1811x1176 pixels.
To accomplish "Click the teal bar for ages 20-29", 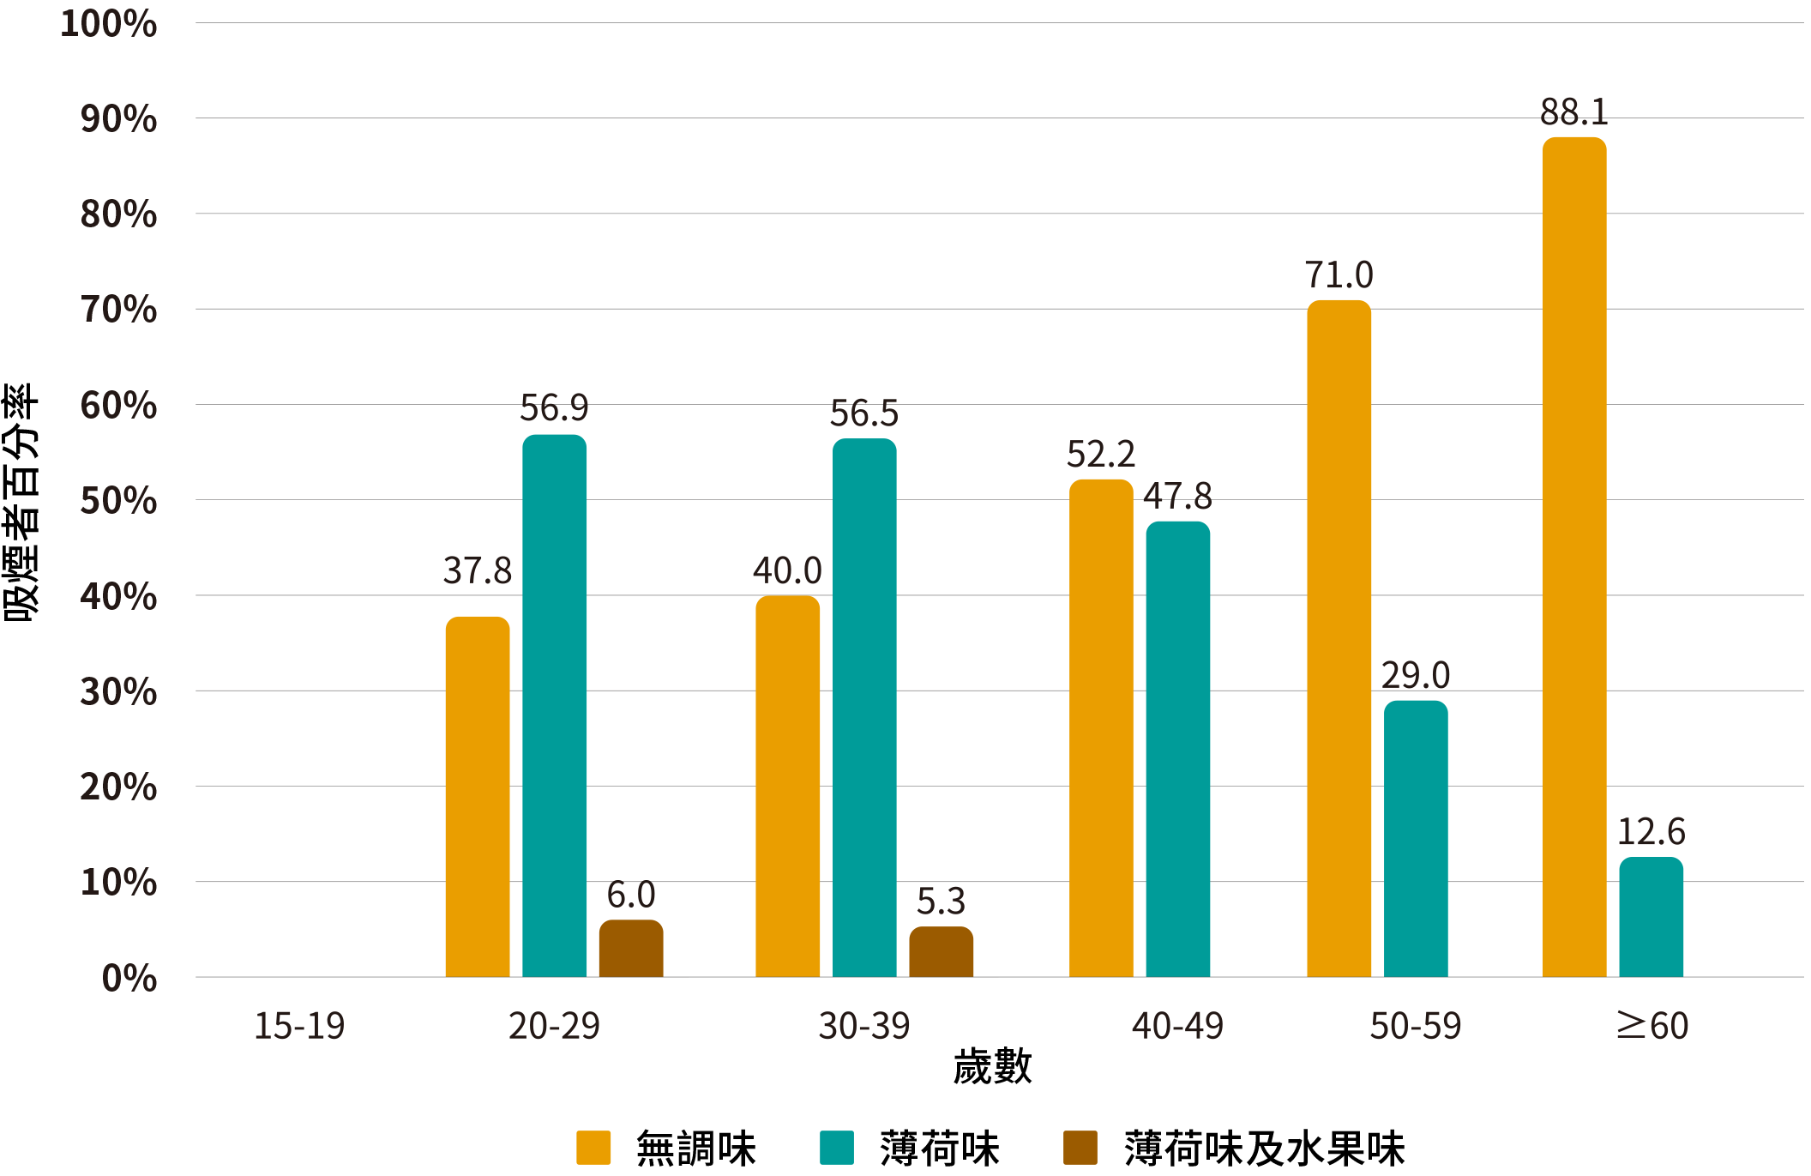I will (x=554, y=705).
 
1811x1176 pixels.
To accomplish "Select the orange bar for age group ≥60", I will (x=1573, y=557).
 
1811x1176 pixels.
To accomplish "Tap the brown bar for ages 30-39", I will (x=941, y=951).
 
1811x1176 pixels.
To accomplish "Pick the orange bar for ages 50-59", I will (x=1339, y=638).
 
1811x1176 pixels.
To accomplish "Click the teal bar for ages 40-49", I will (x=1177, y=749).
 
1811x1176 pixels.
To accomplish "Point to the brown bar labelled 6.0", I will (x=630, y=948).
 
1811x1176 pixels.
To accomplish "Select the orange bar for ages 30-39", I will (x=787, y=786).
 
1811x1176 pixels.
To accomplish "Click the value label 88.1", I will (x=1573, y=112).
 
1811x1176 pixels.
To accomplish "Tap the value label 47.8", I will (x=1177, y=496).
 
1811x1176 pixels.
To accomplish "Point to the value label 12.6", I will (x=1651, y=831).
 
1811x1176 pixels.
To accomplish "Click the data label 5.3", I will (x=941, y=901).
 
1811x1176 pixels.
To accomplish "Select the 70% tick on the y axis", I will (x=118, y=310).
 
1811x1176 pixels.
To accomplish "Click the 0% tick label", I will (x=129, y=978).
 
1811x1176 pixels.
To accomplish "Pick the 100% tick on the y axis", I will (x=108, y=24).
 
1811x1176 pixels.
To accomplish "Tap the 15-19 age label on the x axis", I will (x=299, y=1026).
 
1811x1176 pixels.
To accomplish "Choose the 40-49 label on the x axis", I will (x=1177, y=1026).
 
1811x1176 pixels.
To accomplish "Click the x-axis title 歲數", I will (x=992, y=1067).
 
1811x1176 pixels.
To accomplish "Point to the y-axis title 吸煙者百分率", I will (x=21, y=502).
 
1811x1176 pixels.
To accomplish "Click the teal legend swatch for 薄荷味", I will (x=836, y=1148).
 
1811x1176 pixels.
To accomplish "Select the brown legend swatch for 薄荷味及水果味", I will (x=1080, y=1148).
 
